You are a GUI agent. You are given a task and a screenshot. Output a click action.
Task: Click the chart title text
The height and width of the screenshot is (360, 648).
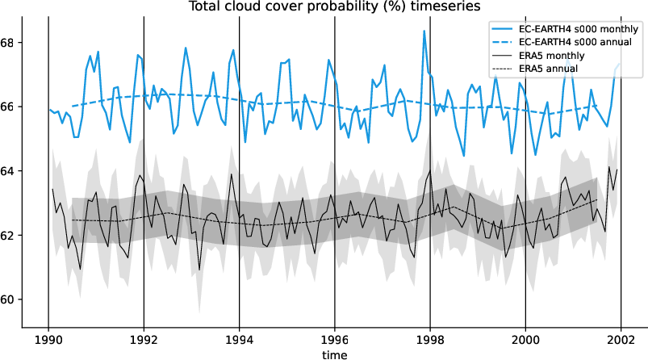pos(335,6)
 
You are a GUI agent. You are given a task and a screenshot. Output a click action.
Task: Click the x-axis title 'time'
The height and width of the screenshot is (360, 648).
pos(334,354)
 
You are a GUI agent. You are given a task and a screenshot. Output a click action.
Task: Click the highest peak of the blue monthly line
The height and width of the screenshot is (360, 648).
pos(424,31)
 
